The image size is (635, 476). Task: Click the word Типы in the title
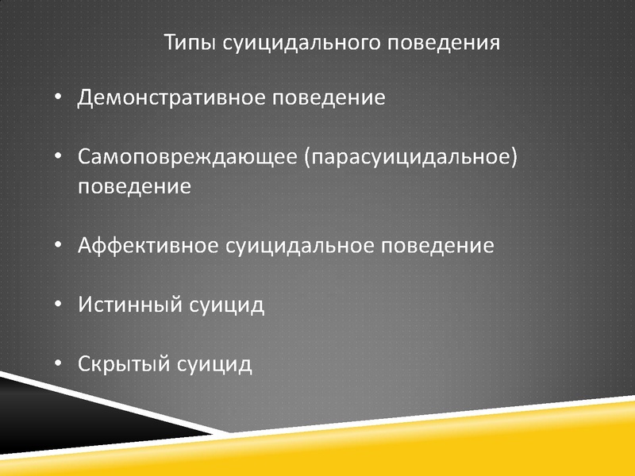click(x=190, y=43)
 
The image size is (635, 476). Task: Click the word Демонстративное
click(x=171, y=98)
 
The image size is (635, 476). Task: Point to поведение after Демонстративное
click(x=329, y=98)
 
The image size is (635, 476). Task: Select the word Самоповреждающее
click(x=187, y=156)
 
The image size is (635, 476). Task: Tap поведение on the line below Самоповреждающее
click(x=134, y=186)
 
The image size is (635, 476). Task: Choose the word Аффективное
click(x=148, y=245)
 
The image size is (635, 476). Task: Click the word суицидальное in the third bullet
click(x=300, y=246)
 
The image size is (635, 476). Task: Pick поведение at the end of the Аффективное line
click(x=437, y=246)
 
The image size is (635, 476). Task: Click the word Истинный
click(x=130, y=305)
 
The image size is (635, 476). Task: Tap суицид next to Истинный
click(x=227, y=305)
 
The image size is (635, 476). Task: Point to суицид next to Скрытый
click(x=214, y=364)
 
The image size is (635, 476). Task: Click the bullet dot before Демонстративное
click(x=58, y=97)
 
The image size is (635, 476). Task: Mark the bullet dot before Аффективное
click(x=58, y=245)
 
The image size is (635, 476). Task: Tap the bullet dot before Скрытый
click(x=58, y=363)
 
